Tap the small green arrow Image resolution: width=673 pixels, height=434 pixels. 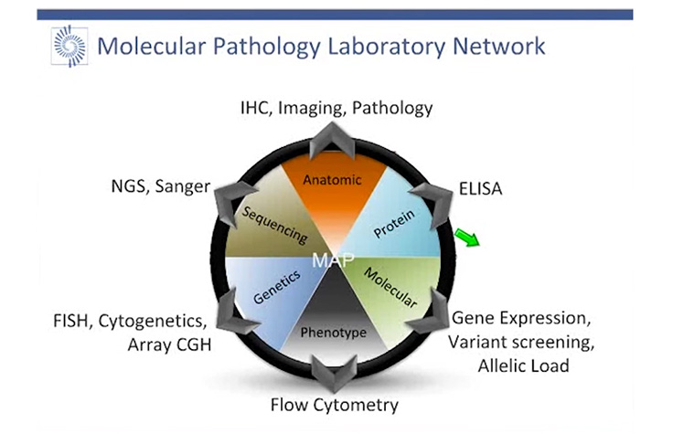coord(467,239)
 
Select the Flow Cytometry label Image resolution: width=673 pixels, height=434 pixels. coord(335,404)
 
